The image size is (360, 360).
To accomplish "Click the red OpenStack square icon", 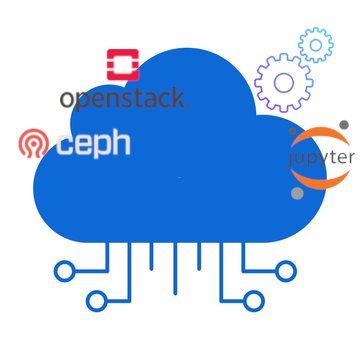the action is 123,65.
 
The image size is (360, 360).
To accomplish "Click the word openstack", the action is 122,98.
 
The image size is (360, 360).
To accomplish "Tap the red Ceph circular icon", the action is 34,144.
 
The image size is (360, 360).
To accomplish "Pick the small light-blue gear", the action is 316,45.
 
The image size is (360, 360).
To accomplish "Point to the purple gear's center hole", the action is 284,82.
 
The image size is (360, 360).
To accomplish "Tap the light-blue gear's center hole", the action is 316,45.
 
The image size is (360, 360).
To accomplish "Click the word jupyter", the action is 321,158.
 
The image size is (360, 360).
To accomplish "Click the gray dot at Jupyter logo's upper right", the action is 344,125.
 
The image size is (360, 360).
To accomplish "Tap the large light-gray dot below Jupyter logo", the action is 297,193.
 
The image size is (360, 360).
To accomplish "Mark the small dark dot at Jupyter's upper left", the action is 293,131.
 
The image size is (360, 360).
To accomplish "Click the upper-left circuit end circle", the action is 64,270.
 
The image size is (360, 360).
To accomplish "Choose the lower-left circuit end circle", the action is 96,300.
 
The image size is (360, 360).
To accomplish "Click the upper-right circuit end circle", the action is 286,270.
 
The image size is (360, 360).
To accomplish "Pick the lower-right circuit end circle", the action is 254,300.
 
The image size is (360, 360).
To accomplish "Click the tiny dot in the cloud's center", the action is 179,178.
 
